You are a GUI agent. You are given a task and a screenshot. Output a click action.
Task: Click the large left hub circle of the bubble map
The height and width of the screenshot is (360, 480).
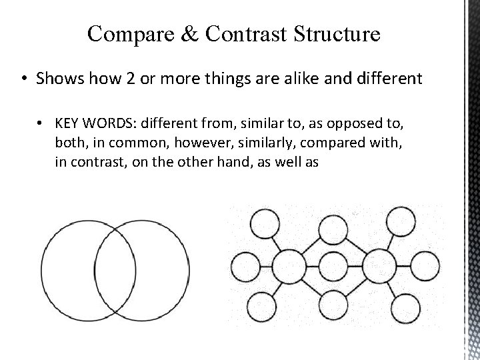[x=289, y=265]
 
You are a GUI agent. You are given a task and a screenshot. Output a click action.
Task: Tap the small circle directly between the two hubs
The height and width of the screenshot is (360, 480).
[x=334, y=265]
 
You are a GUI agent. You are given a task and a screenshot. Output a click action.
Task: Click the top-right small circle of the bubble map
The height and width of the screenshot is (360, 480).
[x=402, y=219]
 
